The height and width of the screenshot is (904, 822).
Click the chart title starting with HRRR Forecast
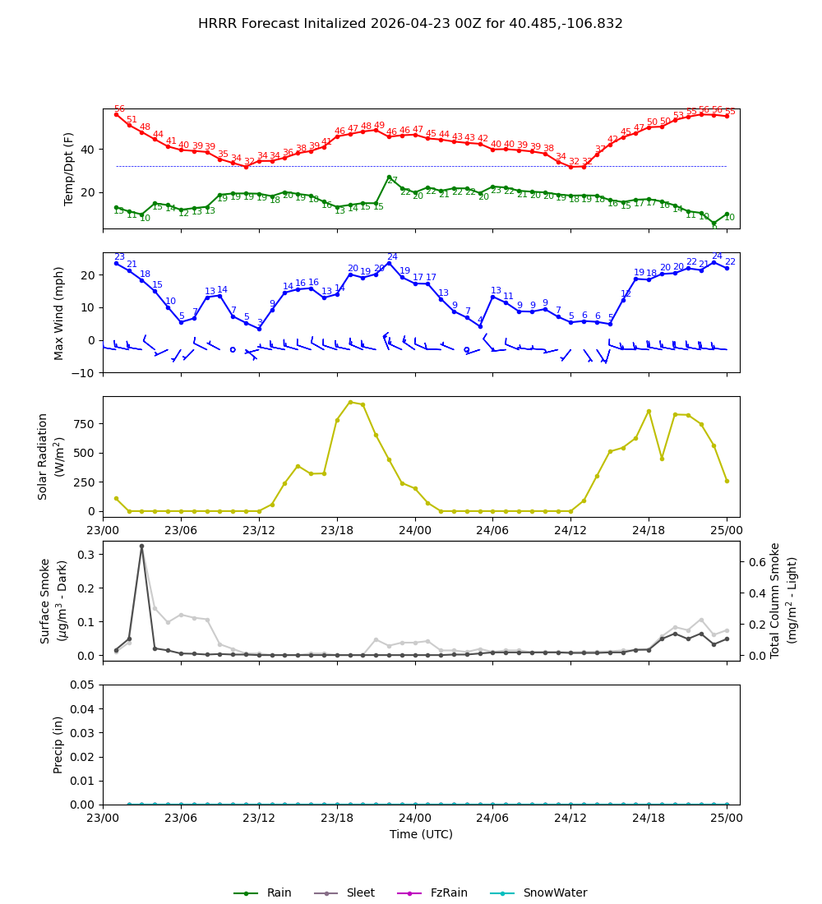click(410, 24)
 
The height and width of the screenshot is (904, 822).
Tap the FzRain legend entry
click(448, 892)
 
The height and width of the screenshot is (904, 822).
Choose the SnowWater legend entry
click(555, 892)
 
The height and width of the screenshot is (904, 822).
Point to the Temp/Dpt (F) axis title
click(69, 168)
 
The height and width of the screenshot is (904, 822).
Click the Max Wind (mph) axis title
click(59, 312)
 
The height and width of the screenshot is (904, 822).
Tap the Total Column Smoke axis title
click(785, 600)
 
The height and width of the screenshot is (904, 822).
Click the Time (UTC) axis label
click(421, 834)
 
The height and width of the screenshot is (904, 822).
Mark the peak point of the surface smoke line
click(141, 546)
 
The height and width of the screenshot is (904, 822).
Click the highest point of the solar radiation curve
click(350, 402)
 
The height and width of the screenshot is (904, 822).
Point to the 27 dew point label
click(392, 181)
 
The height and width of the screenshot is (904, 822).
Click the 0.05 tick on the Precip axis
click(82, 685)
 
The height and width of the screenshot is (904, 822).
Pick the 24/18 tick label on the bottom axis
click(649, 819)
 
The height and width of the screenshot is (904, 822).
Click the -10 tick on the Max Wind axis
click(82, 372)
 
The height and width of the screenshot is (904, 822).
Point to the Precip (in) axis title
click(58, 745)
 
